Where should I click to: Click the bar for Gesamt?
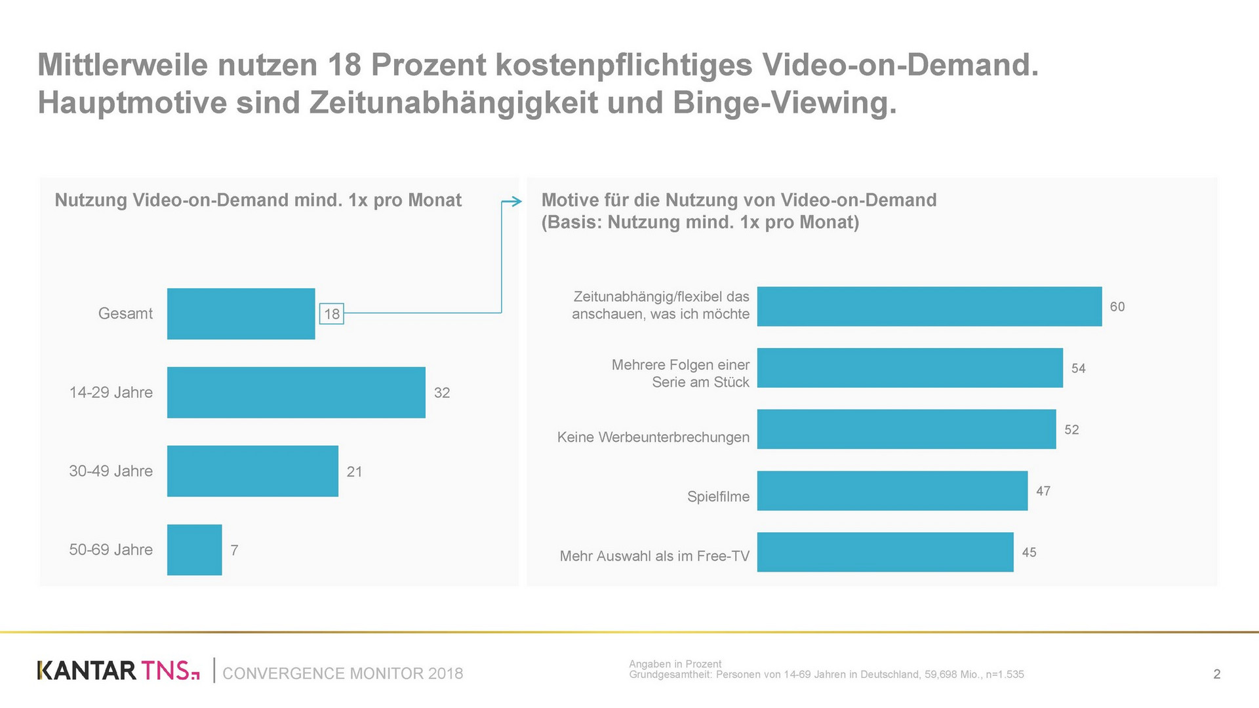pyautogui.click(x=241, y=313)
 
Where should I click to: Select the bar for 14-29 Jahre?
pyautogui.click(x=296, y=392)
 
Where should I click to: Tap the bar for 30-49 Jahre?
pyautogui.click(x=252, y=471)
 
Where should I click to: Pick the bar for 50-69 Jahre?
pyautogui.click(x=194, y=549)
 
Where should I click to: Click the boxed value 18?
pyautogui.click(x=332, y=314)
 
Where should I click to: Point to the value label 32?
pyautogui.click(x=442, y=393)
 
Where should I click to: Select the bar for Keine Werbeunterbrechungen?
pyautogui.click(x=906, y=429)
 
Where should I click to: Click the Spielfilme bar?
pyautogui.click(x=892, y=490)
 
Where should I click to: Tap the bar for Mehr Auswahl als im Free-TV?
pyautogui.click(x=885, y=552)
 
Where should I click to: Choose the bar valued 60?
pyautogui.click(x=929, y=306)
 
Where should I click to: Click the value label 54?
pyautogui.click(x=1078, y=368)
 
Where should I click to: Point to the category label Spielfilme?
pyautogui.click(x=718, y=496)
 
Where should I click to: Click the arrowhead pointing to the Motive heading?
pyautogui.click(x=517, y=202)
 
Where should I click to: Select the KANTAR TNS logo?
pyautogui.click(x=118, y=671)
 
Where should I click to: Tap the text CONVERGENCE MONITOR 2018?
pyautogui.click(x=342, y=673)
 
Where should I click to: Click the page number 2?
pyautogui.click(x=1216, y=674)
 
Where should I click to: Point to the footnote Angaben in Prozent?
pyautogui.click(x=675, y=663)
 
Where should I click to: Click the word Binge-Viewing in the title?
pyautogui.click(x=784, y=103)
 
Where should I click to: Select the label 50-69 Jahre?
pyautogui.click(x=111, y=549)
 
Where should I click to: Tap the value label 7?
pyautogui.click(x=234, y=550)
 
